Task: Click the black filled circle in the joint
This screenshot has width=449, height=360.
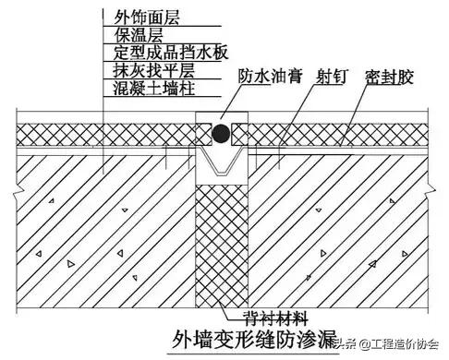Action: point(223,135)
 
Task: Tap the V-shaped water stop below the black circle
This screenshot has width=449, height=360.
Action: point(222,167)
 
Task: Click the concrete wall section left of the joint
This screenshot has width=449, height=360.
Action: point(102,231)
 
